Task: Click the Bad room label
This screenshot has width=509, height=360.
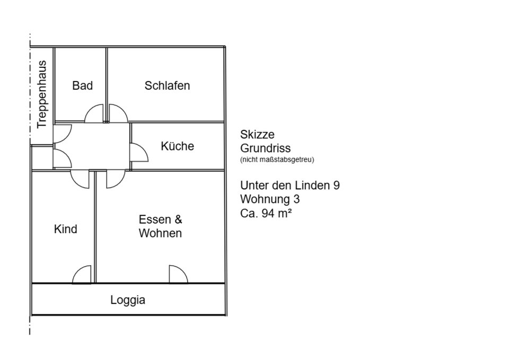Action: tap(82, 85)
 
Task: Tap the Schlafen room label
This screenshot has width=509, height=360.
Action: tap(167, 85)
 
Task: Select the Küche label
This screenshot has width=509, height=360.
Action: tap(177, 146)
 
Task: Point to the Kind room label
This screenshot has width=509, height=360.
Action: tap(65, 229)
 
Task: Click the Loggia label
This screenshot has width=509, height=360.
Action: tap(128, 300)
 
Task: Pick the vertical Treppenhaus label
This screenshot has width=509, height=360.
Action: tap(42, 94)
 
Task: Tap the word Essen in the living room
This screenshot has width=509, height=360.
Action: tap(154, 219)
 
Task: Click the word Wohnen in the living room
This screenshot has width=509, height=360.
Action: tap(160, 233)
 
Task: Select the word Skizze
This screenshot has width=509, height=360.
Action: tap(257, 135)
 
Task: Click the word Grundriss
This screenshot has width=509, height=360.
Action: tap(265, 148)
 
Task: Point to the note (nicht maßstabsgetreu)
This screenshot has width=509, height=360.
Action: tap(277, 160)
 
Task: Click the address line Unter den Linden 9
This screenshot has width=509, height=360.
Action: tap(290, 186)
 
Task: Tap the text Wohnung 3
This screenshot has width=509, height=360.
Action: tap(270, 199)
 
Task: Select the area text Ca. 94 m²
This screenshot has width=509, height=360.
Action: tap(266, 214)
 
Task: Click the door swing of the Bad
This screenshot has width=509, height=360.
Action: tap(96, 113)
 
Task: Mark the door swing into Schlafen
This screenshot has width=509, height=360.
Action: tap(117, 113)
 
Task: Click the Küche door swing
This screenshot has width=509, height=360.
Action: tap(139, 152)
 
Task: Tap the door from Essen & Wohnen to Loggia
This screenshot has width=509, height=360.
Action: tap(178, 274)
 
